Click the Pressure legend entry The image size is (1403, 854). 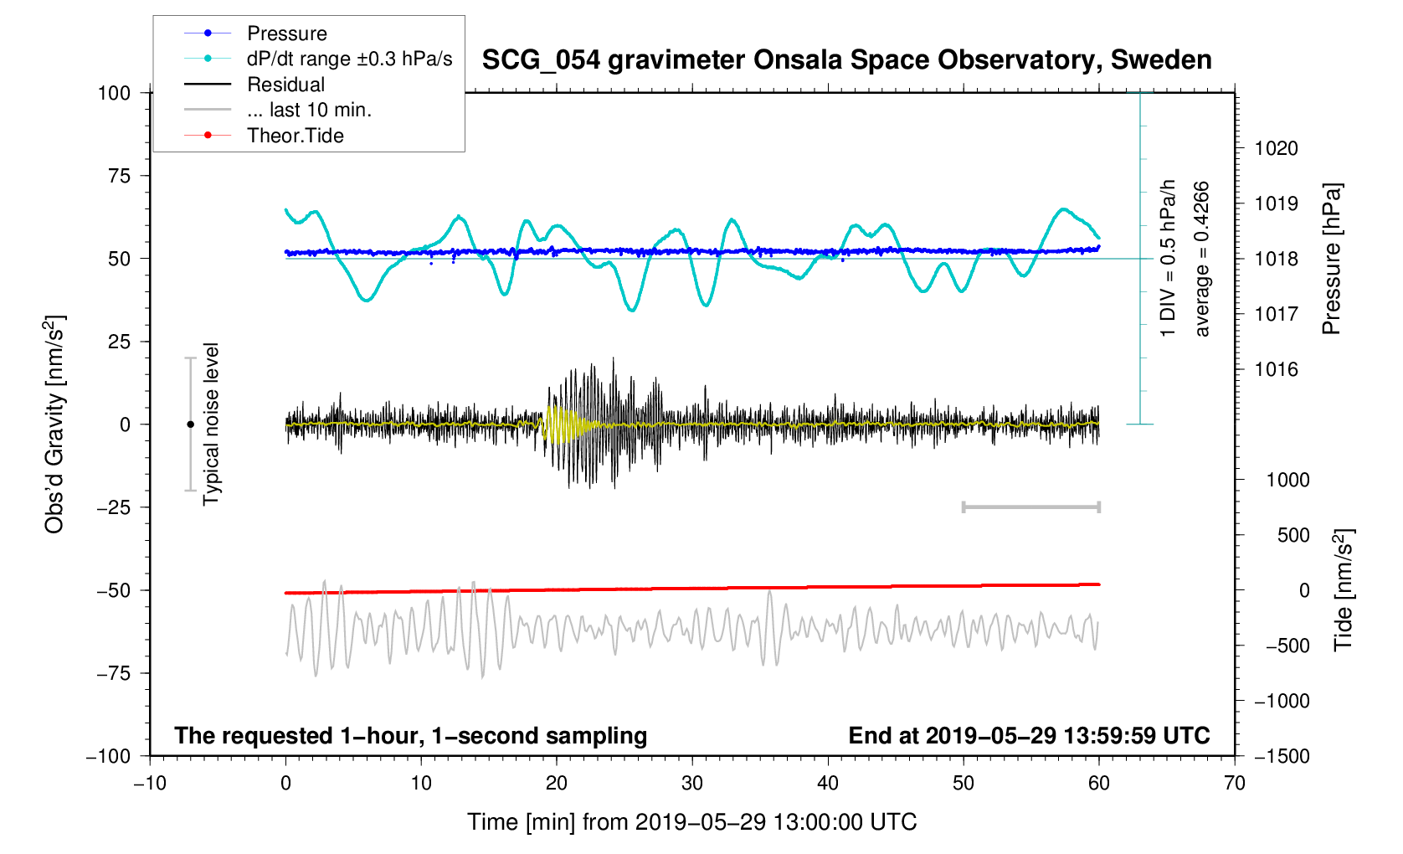(x=286, y=33)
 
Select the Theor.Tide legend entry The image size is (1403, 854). (x=295, y=136)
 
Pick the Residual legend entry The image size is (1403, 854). (x=285, y=85)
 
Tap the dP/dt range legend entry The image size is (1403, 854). (x=349, y=59)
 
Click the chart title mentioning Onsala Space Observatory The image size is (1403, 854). (x=846, y=60)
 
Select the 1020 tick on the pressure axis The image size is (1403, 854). (x=1276, y=149)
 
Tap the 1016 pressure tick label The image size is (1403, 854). (x=1276, y=369)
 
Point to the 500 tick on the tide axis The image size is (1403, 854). (x=1293, y=535)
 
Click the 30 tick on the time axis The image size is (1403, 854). (x=692, y=783)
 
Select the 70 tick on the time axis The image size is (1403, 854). (x=1234, y=783)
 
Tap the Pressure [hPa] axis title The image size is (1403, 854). (x=1331, y=259)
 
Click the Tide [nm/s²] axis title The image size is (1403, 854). (x=1343, y=590)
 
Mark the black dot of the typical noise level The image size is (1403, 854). (x=190, y=424)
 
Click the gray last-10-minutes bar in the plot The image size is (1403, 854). (x=1030, y=507)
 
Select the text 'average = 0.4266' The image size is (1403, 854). (x=1201, y=259)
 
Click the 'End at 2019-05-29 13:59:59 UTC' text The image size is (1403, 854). (x=1029, y=736)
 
